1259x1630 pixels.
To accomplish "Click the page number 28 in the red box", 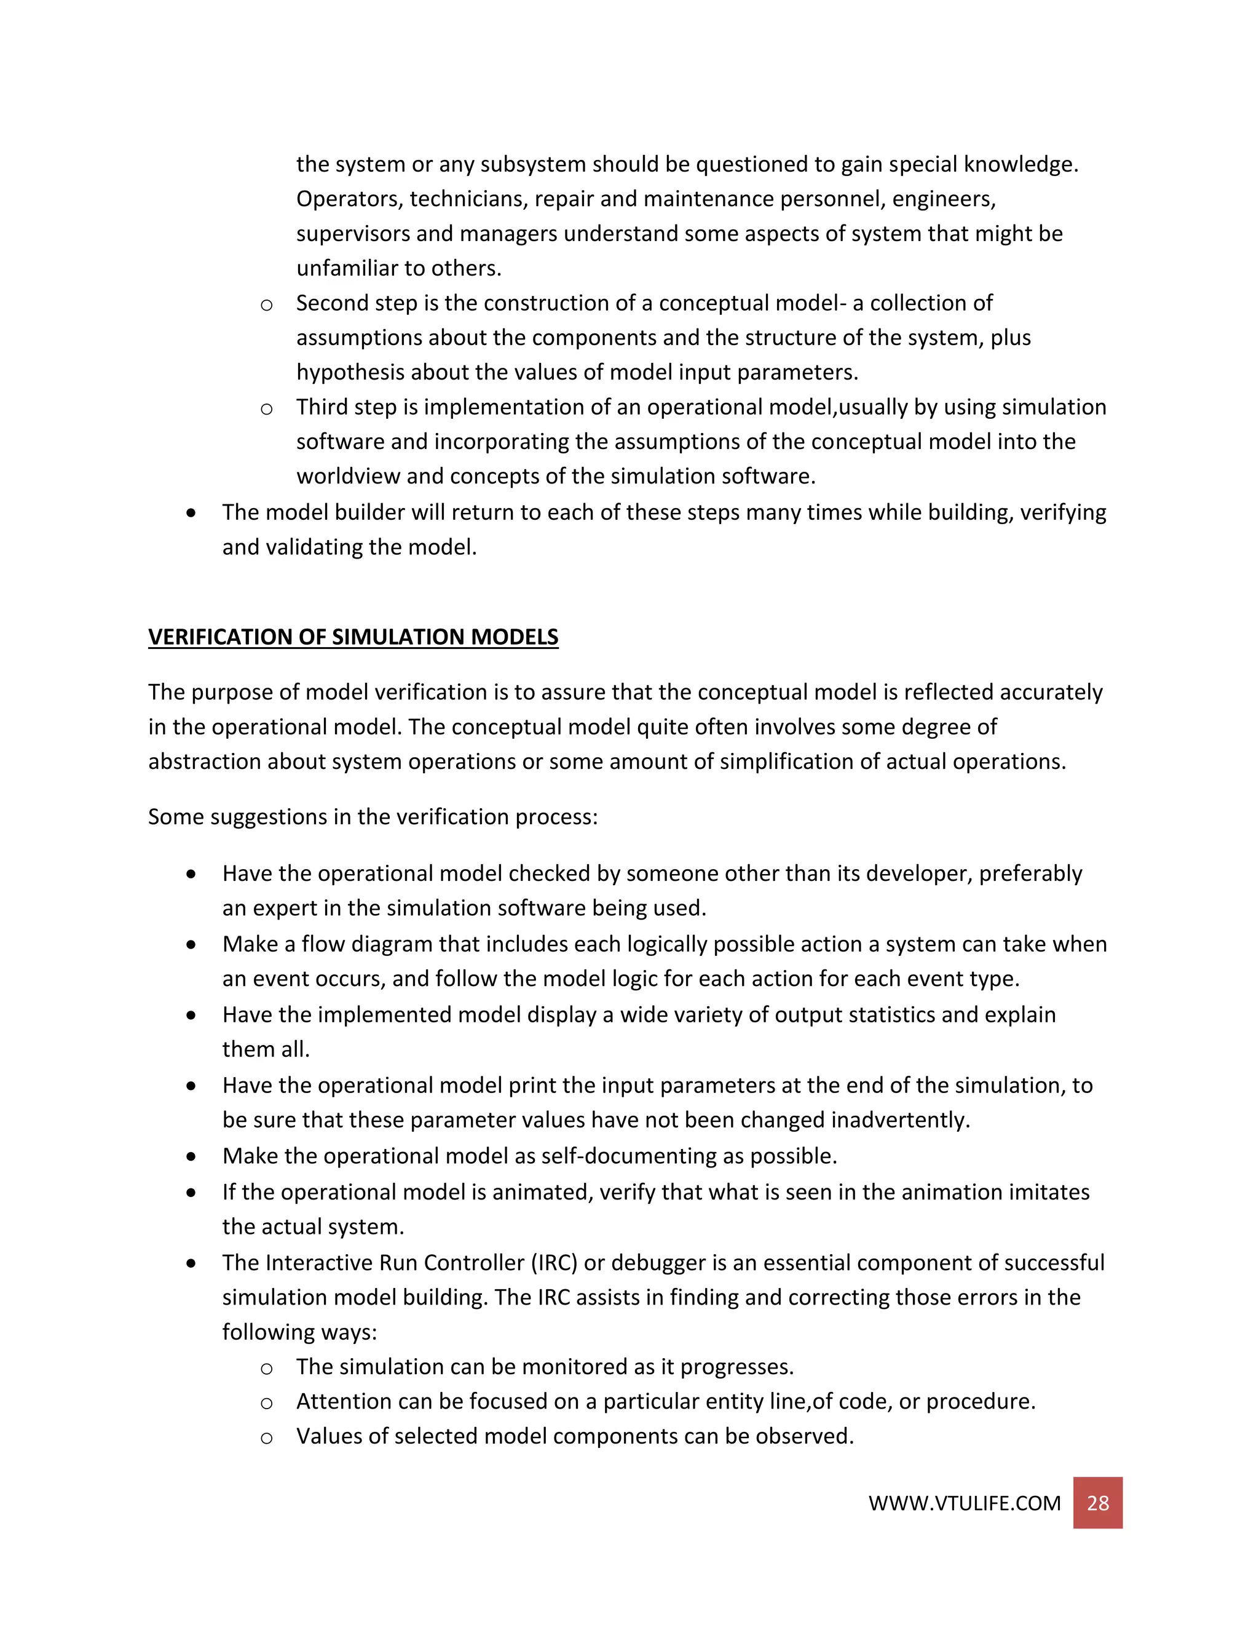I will (1097, 1503).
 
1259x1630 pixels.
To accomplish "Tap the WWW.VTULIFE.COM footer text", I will (964, 1504).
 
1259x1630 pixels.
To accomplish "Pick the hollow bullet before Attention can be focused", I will (266, 1404).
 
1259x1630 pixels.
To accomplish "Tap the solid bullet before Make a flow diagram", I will (192, 945).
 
